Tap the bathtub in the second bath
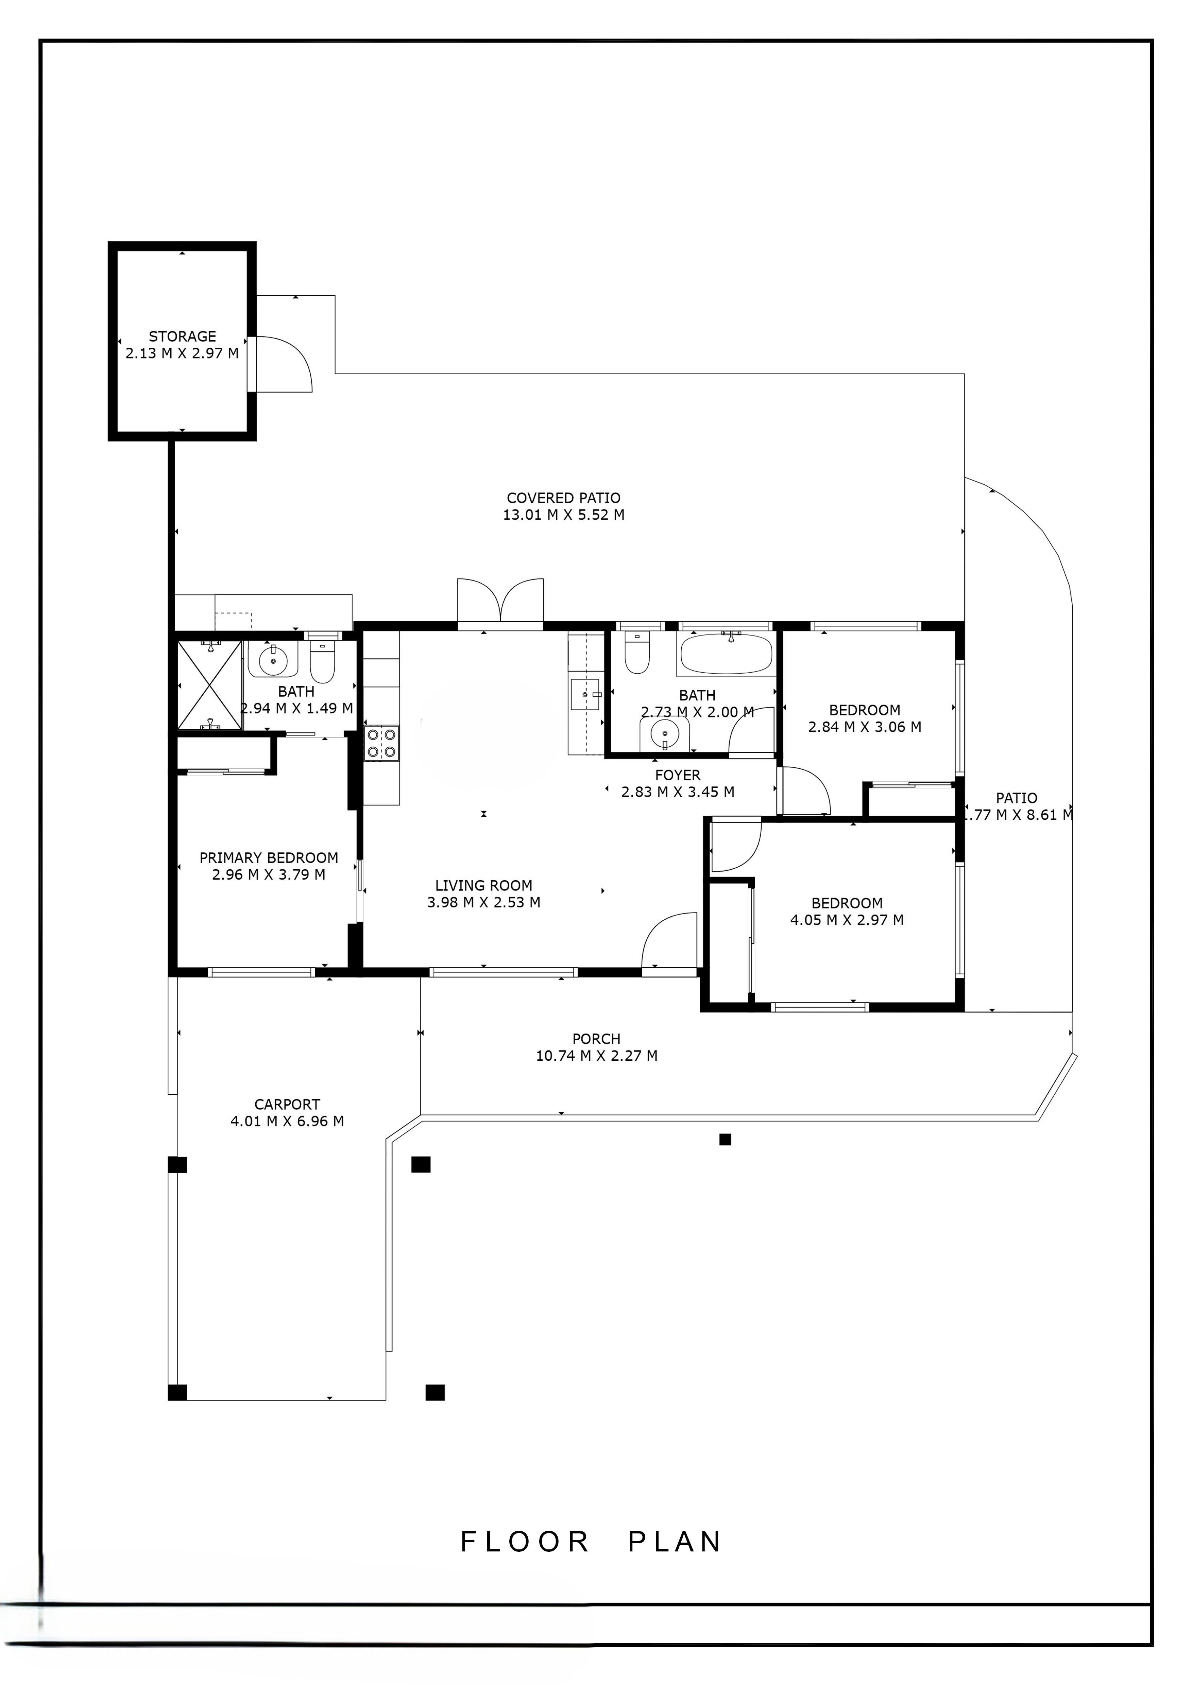coord(726,654)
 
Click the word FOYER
coord(678,775)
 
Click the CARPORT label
coord(287,1105)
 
